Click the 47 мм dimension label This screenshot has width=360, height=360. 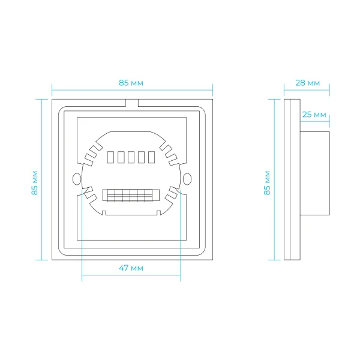point(131,268)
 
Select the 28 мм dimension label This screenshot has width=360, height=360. point(307,83)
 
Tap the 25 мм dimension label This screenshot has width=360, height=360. point(314,115)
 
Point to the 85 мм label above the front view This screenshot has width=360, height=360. point(131,83)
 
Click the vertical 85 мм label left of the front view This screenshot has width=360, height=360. point(34,183)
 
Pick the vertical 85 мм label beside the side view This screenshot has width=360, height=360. point(267,183)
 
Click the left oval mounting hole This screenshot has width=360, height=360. point(77,179)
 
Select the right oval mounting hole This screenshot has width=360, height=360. point(187,179)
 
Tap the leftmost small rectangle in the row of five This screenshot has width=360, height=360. point(110,157)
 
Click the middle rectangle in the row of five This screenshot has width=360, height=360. point(131,157)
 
